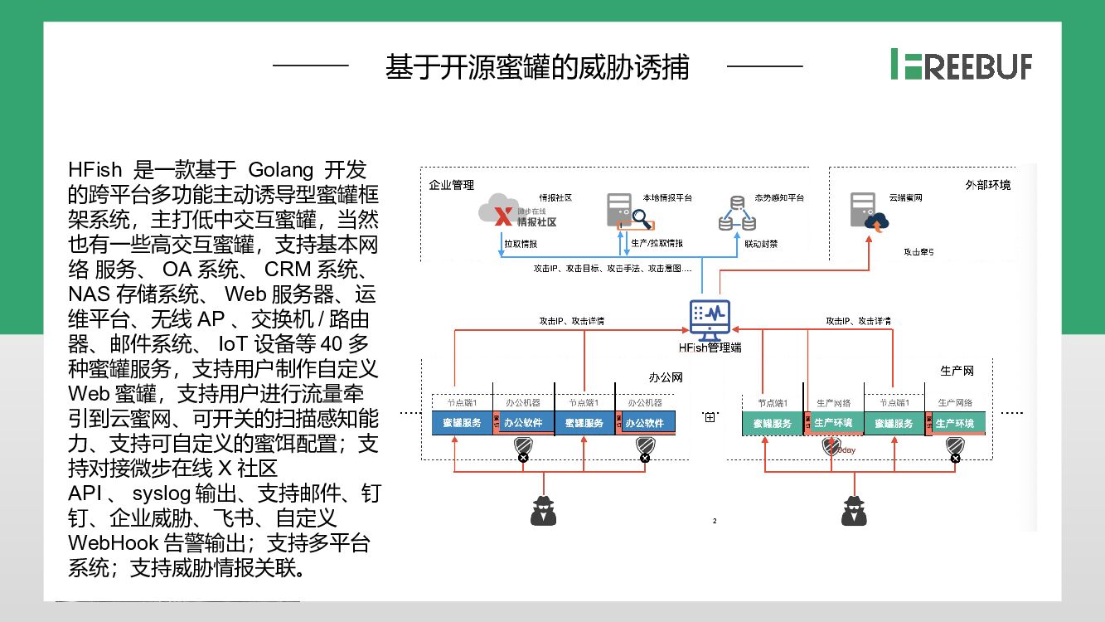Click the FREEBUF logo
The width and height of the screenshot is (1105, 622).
tap(962, 64)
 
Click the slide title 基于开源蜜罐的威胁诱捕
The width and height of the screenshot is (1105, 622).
tap(536, 67)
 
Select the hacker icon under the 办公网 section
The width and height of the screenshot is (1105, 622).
tap(544, 510)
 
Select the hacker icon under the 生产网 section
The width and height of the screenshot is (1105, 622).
tap(854, 510)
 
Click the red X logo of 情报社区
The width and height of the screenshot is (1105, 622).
tap(502, 217)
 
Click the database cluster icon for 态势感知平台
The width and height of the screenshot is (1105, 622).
tap(737, 214)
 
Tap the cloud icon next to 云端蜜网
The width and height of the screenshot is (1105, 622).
tap(876, 221)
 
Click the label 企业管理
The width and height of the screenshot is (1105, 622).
tap(452, 185)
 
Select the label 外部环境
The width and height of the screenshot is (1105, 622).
tap(988, 185)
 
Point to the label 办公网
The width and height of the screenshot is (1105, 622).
tap(665, 377)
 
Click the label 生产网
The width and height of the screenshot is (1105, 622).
tap(957, 371)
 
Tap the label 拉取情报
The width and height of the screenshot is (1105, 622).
tap(521, 244)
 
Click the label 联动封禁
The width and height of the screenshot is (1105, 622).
tap(761, 244)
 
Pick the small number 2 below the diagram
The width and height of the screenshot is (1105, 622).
tap(715, 521)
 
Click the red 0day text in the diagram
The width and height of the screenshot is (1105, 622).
tap(846, 450)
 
